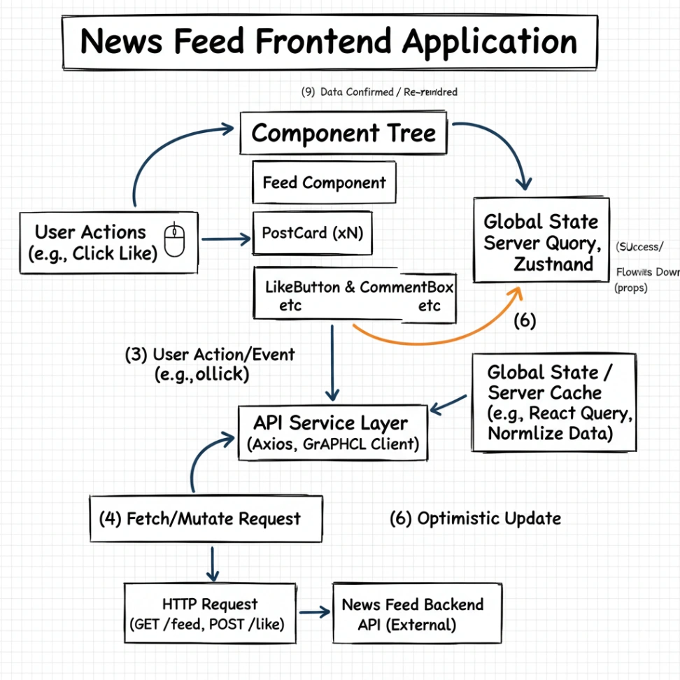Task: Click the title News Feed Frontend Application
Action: (x=330, y=42)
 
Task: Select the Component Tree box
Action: (x=343, y=133)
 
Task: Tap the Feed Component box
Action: (x=324, y=183)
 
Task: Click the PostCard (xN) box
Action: (x=312, y=234)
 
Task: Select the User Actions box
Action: (x=108, y=242)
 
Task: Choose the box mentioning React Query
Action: (x=553, y=402)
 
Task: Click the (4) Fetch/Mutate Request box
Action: (x=206, y=519)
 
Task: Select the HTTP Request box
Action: (x=210, y=614)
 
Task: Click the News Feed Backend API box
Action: (x=417, y=614)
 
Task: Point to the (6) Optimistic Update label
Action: (x=475, y=518)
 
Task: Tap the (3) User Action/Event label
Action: (x=210, y=364)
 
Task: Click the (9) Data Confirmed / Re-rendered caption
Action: (x=379, y=92)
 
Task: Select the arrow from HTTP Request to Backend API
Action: (x=313, y=612)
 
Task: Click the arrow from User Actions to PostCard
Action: (x=225, y=239)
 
